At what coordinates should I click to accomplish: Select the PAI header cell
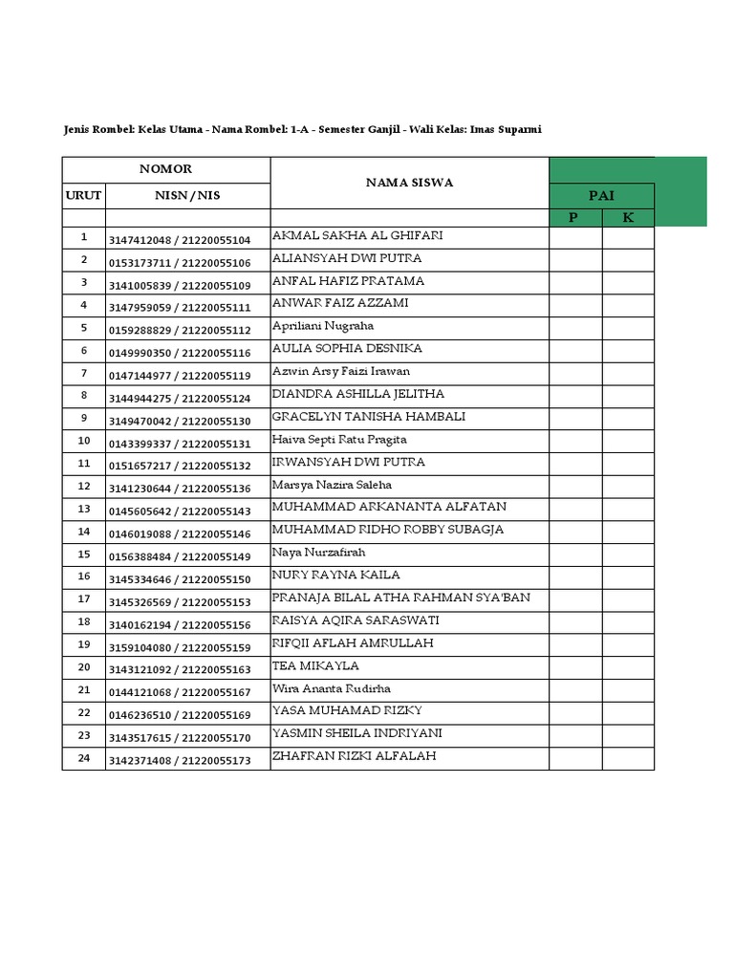tap(601, 195)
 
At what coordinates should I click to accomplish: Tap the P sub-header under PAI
tap(574, 218)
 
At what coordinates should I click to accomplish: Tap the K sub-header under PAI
tap(628, 218)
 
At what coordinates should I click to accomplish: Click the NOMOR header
tap(166, 169)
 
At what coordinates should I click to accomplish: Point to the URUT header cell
tap(83, 195)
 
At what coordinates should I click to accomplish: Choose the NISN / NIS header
tap(187, 195)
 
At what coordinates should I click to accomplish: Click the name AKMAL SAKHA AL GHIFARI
tap(357, 236)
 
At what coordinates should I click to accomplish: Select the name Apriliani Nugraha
tap(323, 326)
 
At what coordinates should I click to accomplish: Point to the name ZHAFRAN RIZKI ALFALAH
tap(354, 756)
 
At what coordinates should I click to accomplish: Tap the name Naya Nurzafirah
tap(319, 553)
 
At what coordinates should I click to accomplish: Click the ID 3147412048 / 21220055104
tap(180, 240)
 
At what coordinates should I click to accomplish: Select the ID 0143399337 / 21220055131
tap(180, 444)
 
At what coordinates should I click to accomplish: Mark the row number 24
tap(83, 758)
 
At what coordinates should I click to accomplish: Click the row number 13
tap(83, 509)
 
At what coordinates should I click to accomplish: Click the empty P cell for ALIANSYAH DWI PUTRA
tap(574, 261)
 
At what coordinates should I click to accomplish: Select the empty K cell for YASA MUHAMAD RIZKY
tap(628, 713)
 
